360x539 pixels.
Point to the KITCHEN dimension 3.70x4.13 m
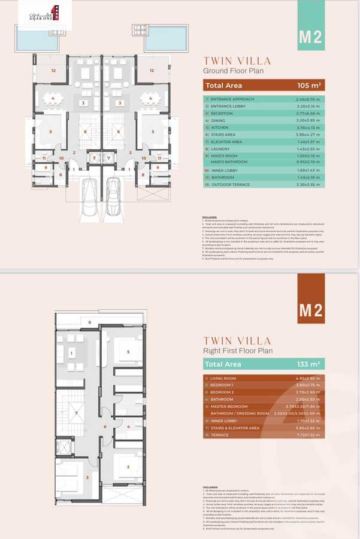pyautogui.click(x=308, y=128)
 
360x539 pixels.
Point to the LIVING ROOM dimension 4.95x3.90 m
pyautogui.click(x=308, y=378)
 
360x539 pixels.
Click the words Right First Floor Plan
pyautogui.click(x=238, y=351)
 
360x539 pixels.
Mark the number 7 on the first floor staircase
pyautogui.click(x=76, y=414)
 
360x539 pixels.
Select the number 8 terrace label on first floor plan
pyautogui.click(x=90, y=323)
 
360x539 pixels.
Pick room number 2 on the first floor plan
pyautogui.click(x=128, y=467)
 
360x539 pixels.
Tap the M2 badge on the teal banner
pyautogui.click(x=310, y=37)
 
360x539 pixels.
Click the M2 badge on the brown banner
pyautogui.click(x=310, y=311)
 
